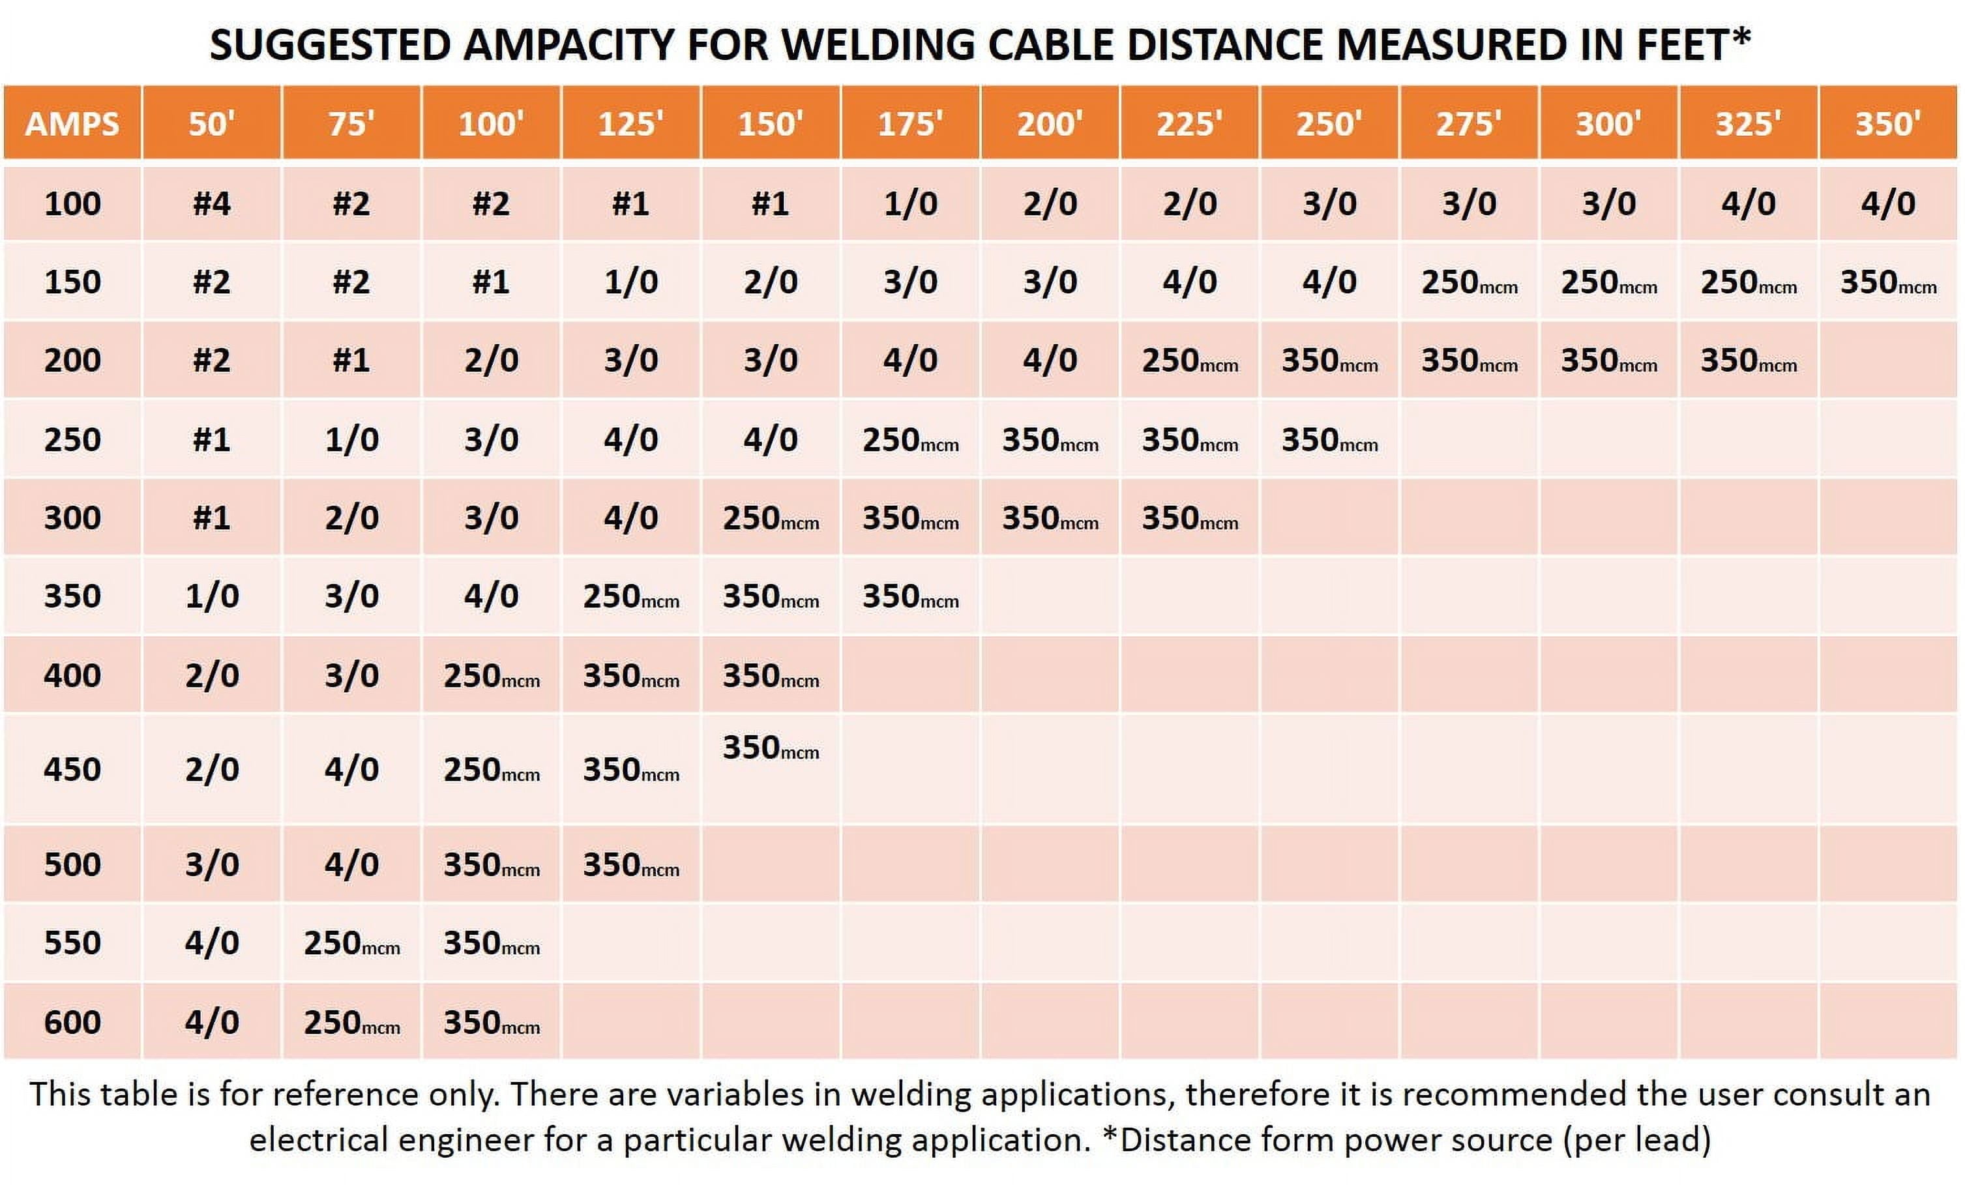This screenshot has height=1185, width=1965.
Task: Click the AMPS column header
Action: coord(72,124)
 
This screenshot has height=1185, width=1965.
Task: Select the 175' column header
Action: coord(910,124)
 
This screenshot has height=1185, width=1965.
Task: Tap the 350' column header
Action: coord(1887,124)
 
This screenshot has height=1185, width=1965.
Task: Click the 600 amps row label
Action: coord(72,1021)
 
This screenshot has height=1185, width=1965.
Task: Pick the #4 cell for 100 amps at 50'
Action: coord(211,204)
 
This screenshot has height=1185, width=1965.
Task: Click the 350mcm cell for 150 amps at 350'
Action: coord(1887,282)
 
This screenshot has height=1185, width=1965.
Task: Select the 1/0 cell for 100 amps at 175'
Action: coord(910,204)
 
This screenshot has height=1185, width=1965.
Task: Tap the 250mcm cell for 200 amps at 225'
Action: coord(1189,360)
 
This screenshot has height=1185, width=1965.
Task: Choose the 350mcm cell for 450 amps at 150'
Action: coord(771,748)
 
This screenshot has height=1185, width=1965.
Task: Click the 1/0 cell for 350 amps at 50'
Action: coord(211,596)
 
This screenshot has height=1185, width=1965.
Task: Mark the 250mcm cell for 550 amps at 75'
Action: coord(351,943)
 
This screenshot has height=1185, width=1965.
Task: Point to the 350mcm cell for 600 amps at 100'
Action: coord(492,1022)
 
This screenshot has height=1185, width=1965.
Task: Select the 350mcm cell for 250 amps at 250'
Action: coord(1329,440)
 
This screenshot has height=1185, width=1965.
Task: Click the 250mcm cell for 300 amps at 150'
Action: coord(771,518)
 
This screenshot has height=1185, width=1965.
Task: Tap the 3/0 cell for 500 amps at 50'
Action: coord(211,864)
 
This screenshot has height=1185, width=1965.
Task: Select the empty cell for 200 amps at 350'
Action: coord(1887,360)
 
